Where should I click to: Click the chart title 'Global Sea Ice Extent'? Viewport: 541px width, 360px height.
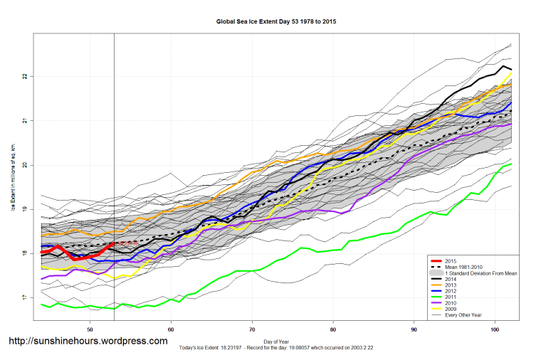[x=276, y=22]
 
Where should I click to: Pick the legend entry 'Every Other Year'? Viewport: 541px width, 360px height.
[x=463, y=315]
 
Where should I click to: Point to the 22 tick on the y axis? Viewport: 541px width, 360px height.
[x=24, y=76]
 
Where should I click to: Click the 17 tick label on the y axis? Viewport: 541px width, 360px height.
[x=24, y=297]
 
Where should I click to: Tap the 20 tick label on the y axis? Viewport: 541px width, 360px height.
[x=24, y=165]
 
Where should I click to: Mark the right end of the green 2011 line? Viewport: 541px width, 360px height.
[x=511, y=164]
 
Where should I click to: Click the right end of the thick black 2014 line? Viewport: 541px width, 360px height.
[x=511, y=69]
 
